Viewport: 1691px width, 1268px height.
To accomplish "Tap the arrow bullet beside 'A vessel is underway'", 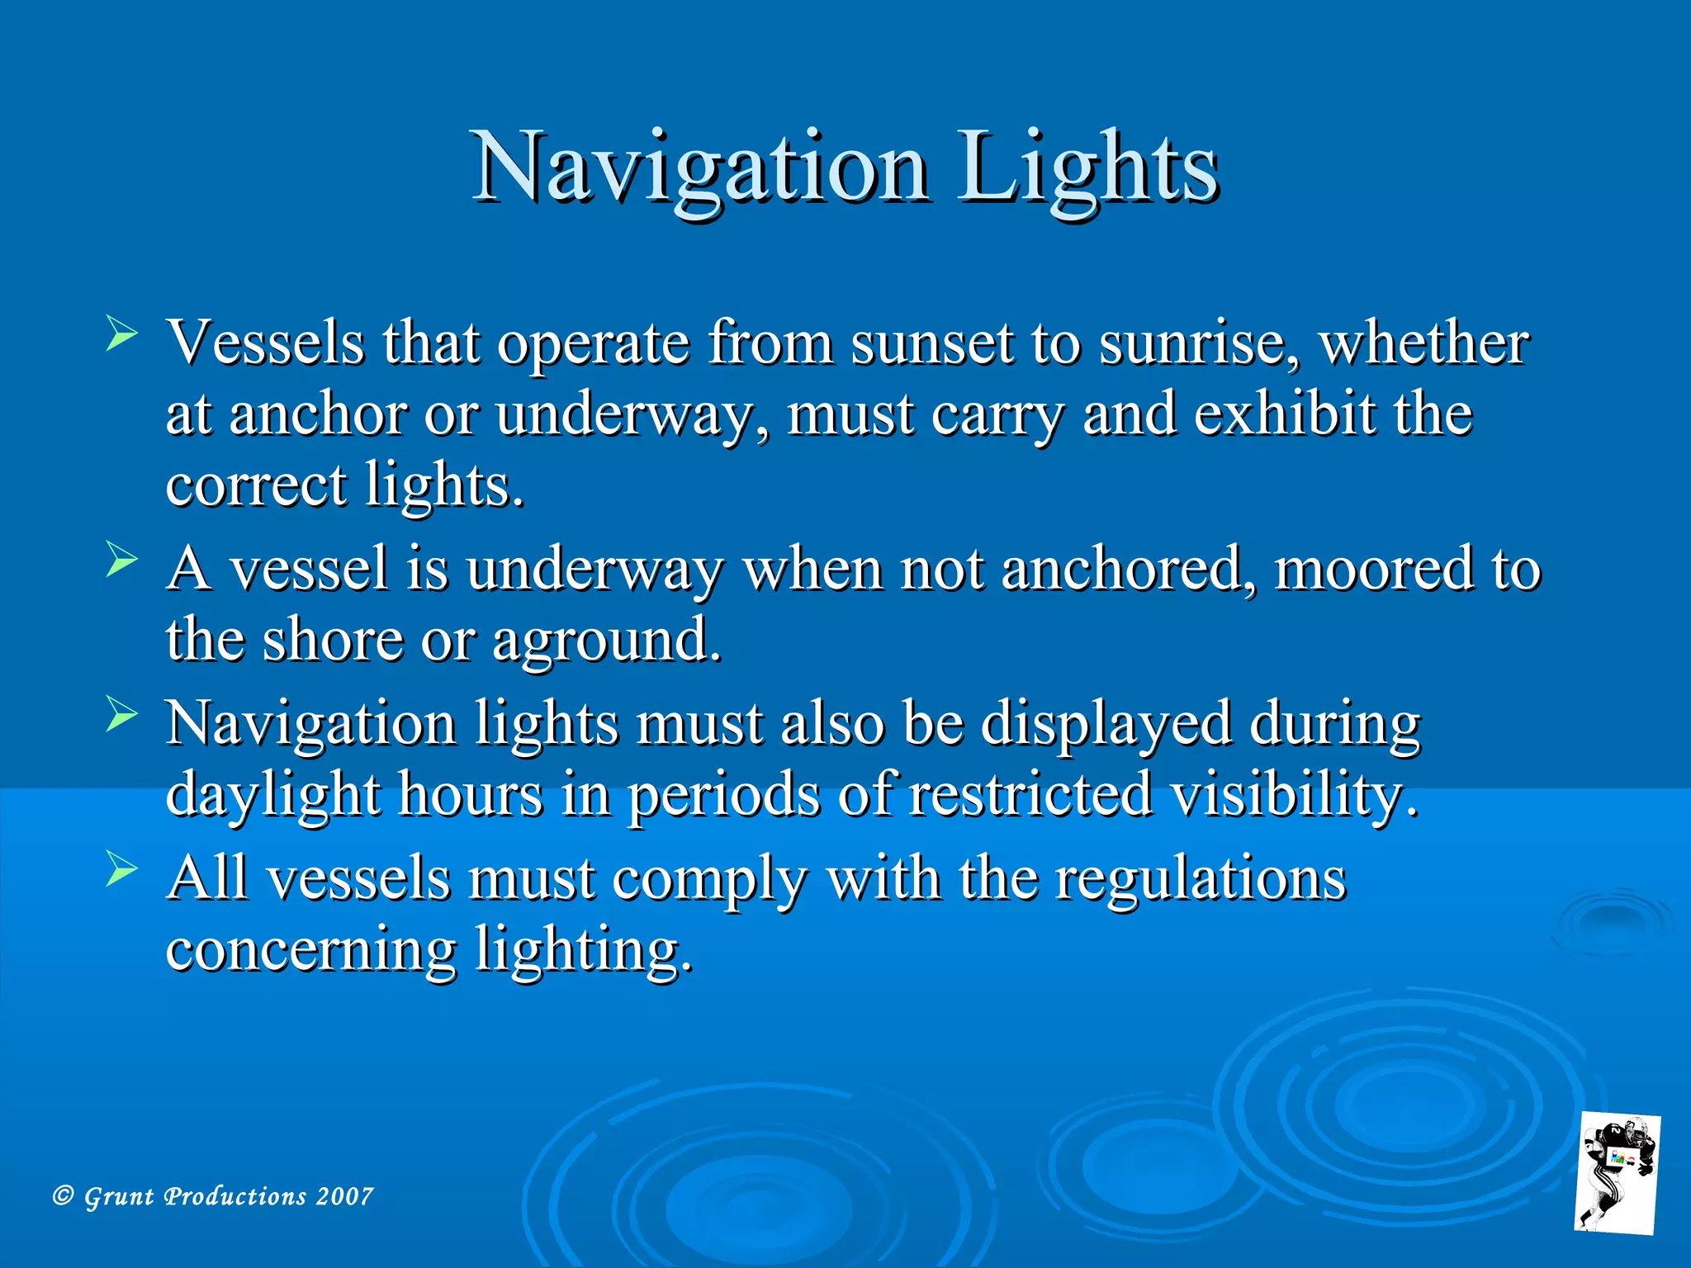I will [x=121, y=561].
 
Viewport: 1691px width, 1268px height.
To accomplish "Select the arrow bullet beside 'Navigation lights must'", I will [x=121, y=715].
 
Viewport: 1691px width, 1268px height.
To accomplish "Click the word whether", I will [x=1423, y=343].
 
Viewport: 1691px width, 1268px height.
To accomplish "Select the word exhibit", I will [x=1285, y=414].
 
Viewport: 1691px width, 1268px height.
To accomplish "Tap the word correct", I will [x=256, y=485].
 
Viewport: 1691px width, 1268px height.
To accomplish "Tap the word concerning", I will [x=310, y=949].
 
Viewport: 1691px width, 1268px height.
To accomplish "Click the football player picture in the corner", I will [x=1617, y=1173].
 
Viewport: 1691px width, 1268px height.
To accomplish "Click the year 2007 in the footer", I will [x=344, y=1196].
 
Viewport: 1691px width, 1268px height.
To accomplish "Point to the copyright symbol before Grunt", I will [x=63, y=1195].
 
